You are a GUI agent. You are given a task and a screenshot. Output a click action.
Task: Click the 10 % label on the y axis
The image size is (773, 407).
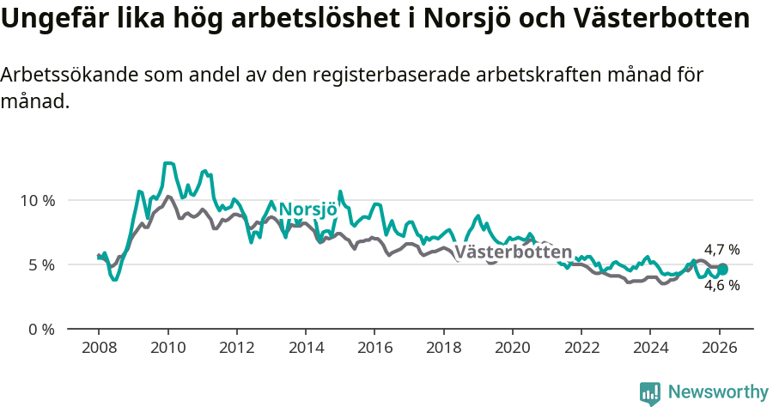pyautogui.click(x=38, y=200)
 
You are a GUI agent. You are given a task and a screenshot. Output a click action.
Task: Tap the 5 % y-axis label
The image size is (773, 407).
pyautogui.click(x=42, y=264)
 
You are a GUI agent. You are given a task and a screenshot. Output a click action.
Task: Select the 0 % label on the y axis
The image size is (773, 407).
pyautogui.click(x=42, y=329)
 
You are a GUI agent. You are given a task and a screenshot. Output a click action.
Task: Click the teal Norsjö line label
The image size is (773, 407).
pyautogui.click(x=307, y=210)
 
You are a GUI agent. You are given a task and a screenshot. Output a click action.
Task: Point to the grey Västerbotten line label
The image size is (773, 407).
pyautogui.click(x=513, y=252)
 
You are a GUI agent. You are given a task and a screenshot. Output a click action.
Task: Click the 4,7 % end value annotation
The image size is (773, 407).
pyautogui.click(x=721, y=250)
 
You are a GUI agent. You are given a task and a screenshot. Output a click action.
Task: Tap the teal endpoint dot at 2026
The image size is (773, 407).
pyautogui.click(x=722, y=269)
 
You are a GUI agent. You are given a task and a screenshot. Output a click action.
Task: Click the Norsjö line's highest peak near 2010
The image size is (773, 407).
pyautogui.click(x=168, y=162)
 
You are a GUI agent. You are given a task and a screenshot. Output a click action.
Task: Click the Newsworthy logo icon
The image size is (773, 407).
pyautogui.click(x=650, y=393)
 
